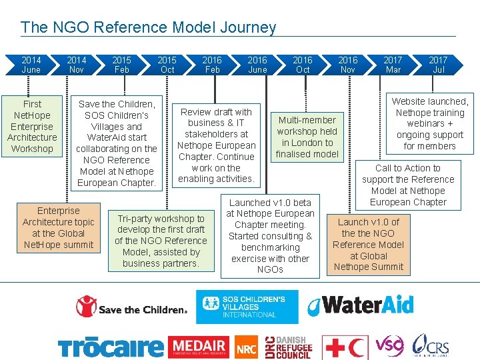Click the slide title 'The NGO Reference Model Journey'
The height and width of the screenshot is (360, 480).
tap(148, 27)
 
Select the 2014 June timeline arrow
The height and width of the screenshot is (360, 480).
tap(31, 65)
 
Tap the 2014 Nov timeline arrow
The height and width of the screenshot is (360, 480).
tap(76, 65)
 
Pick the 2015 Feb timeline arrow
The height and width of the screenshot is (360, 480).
tap(121, 65)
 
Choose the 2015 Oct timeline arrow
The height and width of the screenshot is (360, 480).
tap(167, 65)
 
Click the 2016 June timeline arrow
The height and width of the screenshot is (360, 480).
tap(257, 65)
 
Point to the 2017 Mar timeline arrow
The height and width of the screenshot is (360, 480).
tap(393, 65)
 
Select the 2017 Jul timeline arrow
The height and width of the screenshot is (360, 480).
tap(438, 65)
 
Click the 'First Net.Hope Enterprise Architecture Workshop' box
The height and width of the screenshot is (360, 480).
tap(32, 126)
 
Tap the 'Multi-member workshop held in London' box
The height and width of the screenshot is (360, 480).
tap(307, 137)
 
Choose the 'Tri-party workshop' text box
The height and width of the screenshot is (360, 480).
tap(161, 241)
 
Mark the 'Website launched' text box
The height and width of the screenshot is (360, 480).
tap(430, 123)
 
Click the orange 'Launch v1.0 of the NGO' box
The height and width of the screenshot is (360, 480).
tap(369, 244)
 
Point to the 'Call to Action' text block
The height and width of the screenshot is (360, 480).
tap(408, 185)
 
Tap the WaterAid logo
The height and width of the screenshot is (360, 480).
tap(360, 306)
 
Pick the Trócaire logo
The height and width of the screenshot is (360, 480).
tap(110, 347)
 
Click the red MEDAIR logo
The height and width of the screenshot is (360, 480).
tap(198, 347)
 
